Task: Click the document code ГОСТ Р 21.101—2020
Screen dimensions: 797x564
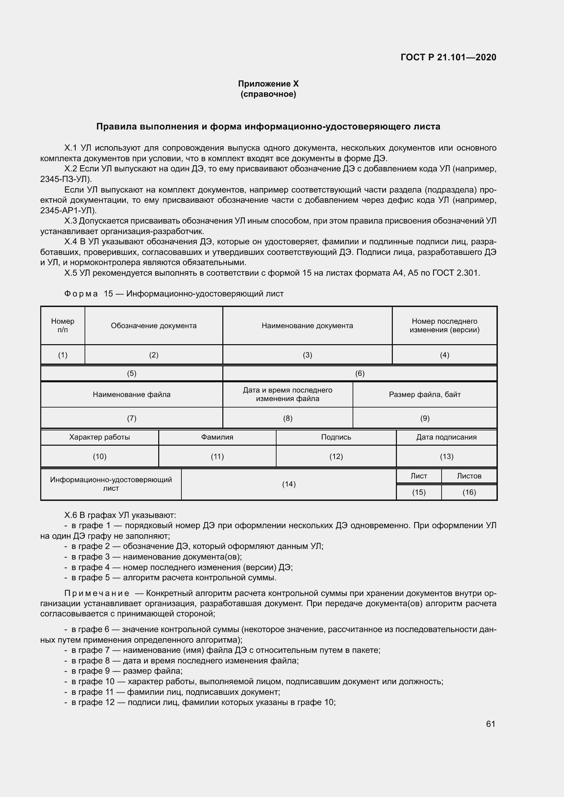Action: pyautogui.click(x=448, y=57)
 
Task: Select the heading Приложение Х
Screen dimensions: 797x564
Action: pyautogui.click(x=268, y=84)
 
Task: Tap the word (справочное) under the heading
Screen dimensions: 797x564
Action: pyautogui.click(x=268, y=94)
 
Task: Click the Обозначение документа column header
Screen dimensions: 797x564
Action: pyautogui.click(x=153, y=326)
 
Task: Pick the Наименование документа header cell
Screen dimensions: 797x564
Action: pyautogui.click(x=307, y=326)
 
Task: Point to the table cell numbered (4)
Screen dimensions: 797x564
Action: pyautogui.click(x=444, y=355)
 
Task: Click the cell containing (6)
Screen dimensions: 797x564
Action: pyautogui.click(x=359, y=373)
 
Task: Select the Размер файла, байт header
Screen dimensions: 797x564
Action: pyautogui.click(x=425, y=394)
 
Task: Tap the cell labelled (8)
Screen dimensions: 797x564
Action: pyautogui.click(x=287, y=418)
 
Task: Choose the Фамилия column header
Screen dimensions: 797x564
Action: pyautogui.click(x=217, y=437)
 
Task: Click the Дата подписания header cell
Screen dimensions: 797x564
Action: pyautogui.click(x=446, y=437)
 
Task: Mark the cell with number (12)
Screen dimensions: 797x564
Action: pyautogui.click(x=336, y=457)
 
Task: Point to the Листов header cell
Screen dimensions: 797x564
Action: pyautogui.click(x=469, y=476)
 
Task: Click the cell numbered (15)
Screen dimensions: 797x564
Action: pyautogui.click(x=418, y=492)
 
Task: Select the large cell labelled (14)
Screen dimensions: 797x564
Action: pyautogui.click(x=288, y=484)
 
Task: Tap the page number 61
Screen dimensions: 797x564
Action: pyautogui.click(x=490, y=724)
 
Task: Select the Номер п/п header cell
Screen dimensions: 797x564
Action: pyautogui.click(x=62, y=326)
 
